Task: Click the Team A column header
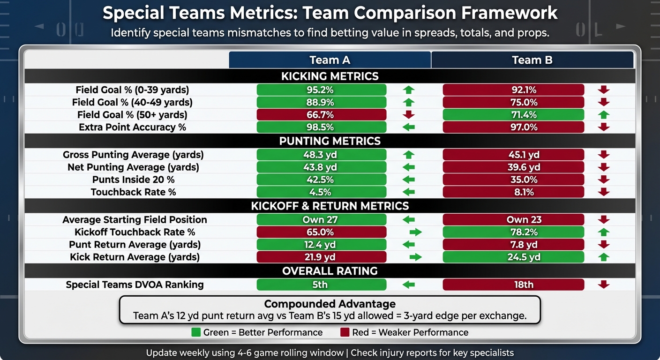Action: (x=330, y=60)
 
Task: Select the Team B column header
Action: (x=532, y=60)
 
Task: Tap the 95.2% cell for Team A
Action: (x=322, y=90)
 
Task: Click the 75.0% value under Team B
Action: (x=513, y=102)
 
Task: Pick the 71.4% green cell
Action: (x=513, y=115)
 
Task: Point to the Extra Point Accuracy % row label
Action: (x=132, y=127)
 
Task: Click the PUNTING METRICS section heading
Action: (x=330, y=141)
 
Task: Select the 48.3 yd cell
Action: (x=322, y=155)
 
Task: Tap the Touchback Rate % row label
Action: (x=133, y=192)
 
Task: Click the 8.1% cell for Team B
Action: (x=513, y=192)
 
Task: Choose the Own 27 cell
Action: (x=322, y=219)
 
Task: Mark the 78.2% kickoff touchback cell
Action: (x=513, y=232)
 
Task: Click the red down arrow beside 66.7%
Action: (x=409, y=115)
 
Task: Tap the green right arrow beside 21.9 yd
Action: (x=415, y=257)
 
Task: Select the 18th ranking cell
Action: (x=513, y=285)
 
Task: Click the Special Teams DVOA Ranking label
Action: (x=135, y=285)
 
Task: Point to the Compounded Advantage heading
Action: (x=330, y=304)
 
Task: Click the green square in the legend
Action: (x=196, y=332)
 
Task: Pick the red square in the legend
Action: (x=345, y=332)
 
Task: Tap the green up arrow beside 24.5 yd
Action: (x=604, y=257)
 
